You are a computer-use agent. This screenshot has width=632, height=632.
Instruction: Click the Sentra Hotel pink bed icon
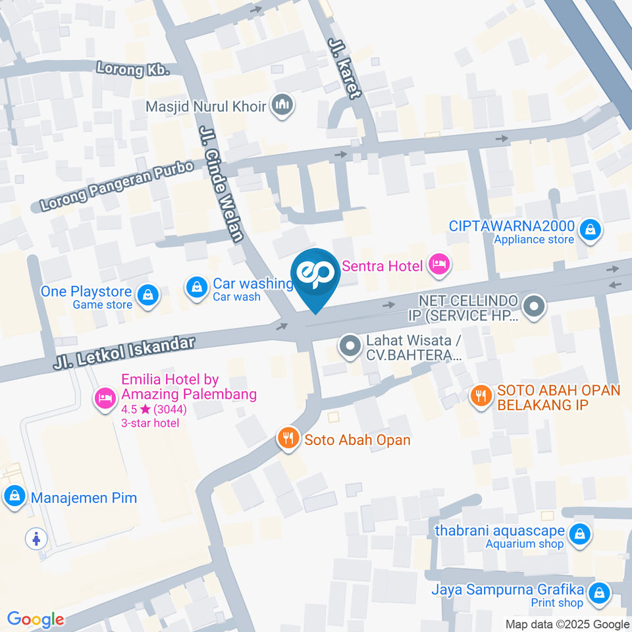click(438, 265)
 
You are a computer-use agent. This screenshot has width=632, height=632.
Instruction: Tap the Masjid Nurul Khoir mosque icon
click(283, 105)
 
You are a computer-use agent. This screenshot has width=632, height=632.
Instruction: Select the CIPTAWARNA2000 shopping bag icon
click(591, 230)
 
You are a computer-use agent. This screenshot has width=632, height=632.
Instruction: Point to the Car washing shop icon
click(196, 287)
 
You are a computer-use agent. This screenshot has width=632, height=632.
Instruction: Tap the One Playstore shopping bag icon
click(149, 294)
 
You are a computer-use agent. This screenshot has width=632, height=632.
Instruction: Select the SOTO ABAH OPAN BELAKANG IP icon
click(481, 396)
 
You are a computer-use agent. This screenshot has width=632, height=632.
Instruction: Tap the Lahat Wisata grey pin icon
click(349, 344)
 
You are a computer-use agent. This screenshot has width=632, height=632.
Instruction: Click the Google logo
click(36, 619)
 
